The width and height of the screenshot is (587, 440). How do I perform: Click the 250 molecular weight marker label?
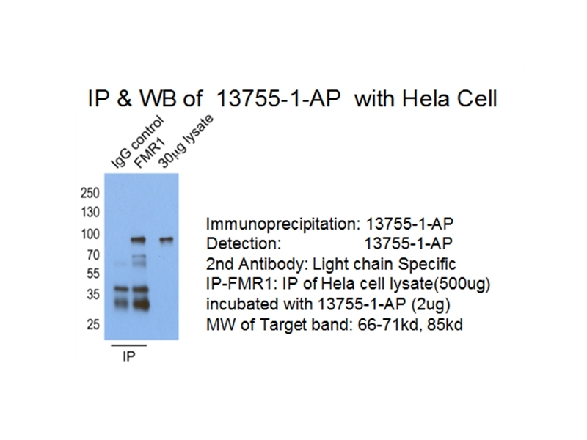tap(90, 193)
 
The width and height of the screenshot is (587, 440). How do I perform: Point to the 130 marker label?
tap(90, 213)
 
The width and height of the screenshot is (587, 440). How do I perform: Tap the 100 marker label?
tap(90, 234)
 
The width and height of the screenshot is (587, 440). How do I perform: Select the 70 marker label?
tap(93, 255)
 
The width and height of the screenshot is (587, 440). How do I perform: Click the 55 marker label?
tap(93, 274)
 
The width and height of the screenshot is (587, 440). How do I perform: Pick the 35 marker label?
tap(93, 295)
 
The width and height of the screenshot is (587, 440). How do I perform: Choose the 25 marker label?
tap(93, 324)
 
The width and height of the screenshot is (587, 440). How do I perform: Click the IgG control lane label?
tap(137, 142)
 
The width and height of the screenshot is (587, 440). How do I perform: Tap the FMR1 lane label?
tap(150, 153)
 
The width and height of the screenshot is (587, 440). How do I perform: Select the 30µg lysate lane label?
tap(186, 141)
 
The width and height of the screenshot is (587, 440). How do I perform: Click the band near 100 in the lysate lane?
tap(167, 240)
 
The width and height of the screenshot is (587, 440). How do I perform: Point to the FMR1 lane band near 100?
tap(138, 240)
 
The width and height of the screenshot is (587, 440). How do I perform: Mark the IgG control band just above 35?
tap(121, 288)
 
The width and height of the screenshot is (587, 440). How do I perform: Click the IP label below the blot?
tap(128, 356)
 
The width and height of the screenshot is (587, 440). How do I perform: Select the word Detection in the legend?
tap(244, 243)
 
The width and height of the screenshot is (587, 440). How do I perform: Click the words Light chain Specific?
tap(384, 264)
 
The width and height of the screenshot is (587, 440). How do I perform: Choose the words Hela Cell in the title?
tap(449, 99)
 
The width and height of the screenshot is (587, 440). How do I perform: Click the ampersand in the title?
tap(125, 99)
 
